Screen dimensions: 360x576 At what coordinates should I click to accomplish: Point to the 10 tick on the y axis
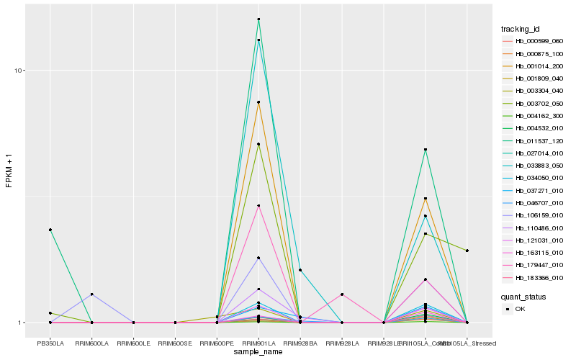20,71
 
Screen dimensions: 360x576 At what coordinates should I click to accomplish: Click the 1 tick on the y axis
22,323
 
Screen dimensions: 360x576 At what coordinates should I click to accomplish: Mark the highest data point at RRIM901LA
258,19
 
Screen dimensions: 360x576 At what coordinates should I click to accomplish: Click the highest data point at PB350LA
50,230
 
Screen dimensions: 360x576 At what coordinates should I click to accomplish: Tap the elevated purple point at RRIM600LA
91,294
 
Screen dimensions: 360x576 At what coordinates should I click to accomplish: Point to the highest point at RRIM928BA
300,270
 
